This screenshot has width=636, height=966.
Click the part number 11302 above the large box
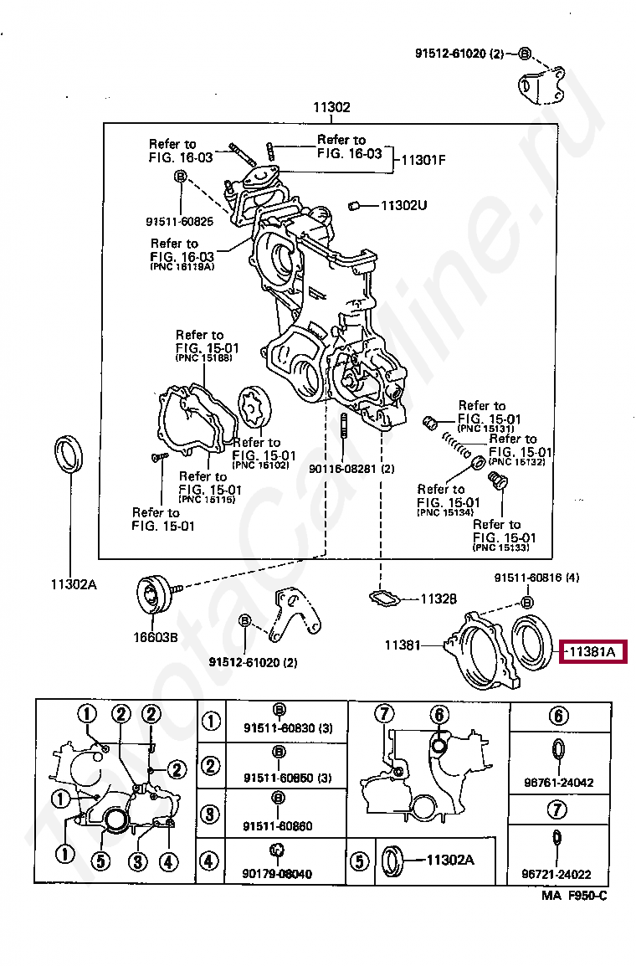pyautogui.click(x=331, y=108)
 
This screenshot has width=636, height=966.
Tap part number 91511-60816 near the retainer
pyautogui.click(x=536, y=578)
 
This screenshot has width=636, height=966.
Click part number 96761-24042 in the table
pyautogui.click(x=558, y=783)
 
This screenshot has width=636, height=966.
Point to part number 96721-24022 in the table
pyautogui.click(x=558, y=874)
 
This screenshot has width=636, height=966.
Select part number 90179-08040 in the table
pyautogui.click(x=278, y=874)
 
